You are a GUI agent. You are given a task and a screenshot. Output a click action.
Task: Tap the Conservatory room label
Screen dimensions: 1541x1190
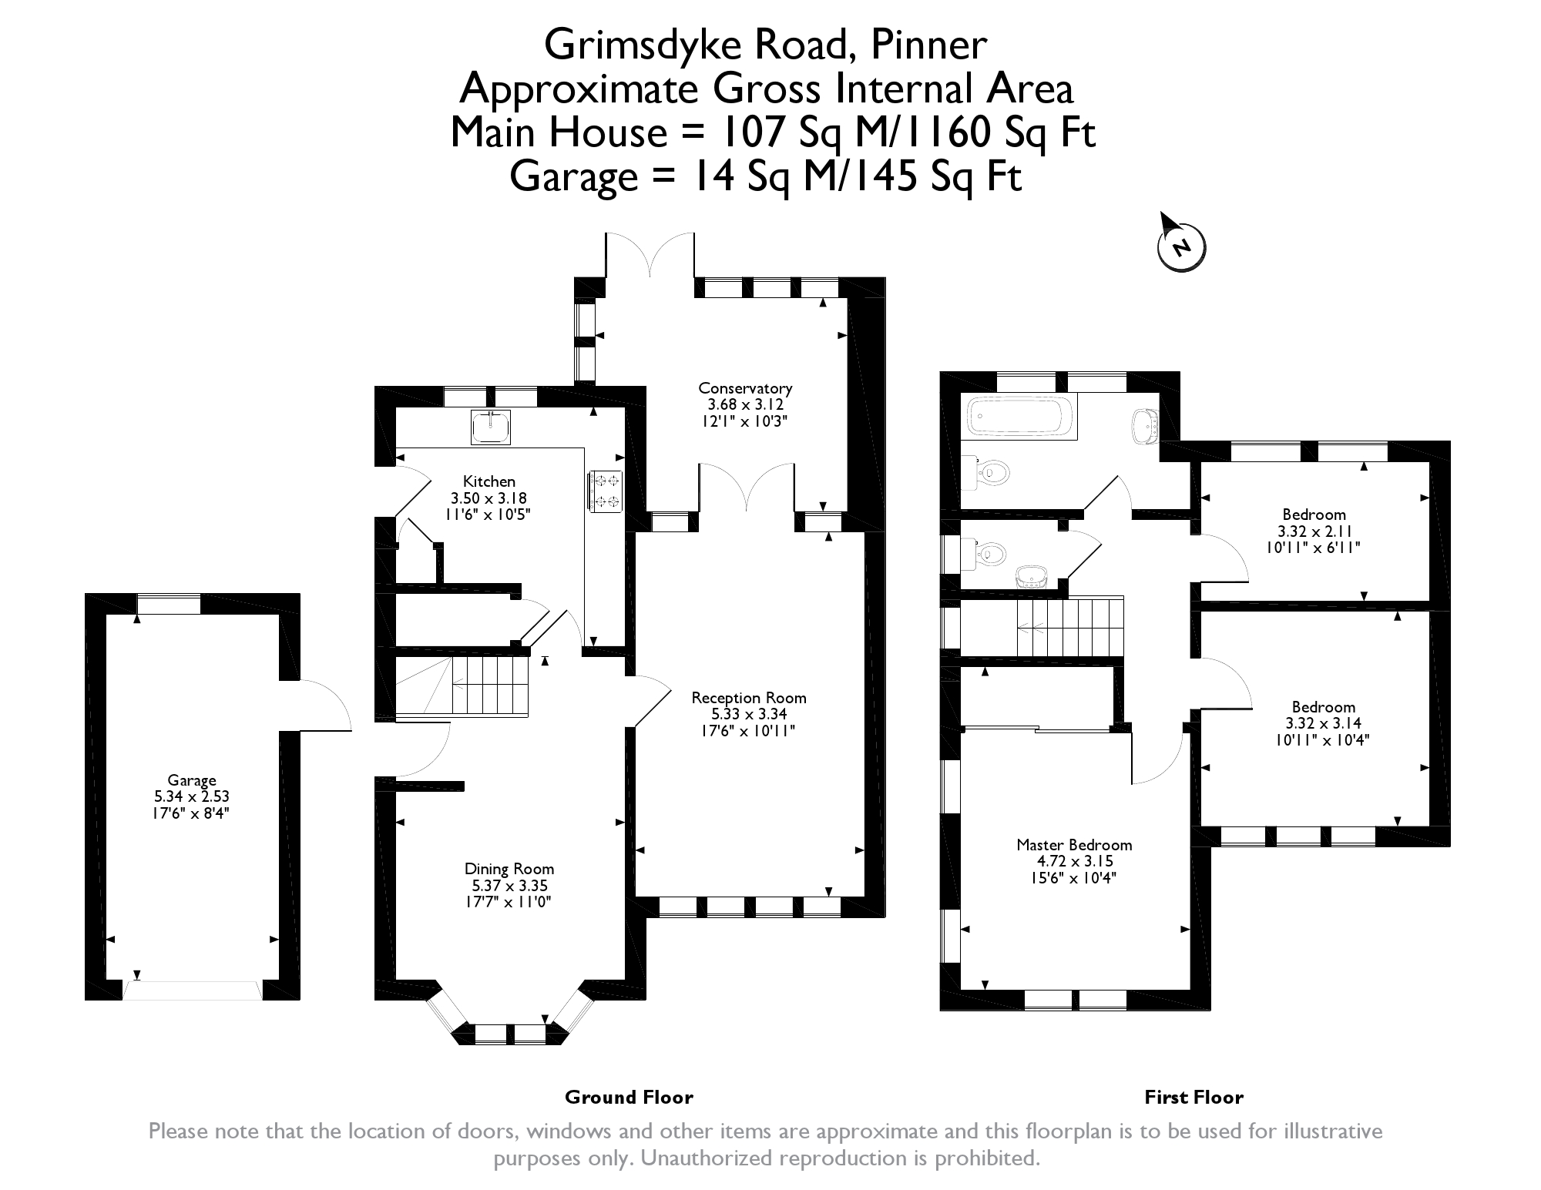pos(745,388)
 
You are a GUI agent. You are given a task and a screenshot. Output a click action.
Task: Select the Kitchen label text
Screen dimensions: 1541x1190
pos(489,482)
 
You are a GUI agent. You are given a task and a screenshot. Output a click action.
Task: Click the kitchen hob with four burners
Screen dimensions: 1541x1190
pos(605,491)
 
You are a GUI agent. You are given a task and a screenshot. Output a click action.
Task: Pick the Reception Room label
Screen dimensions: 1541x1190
pos(749,698)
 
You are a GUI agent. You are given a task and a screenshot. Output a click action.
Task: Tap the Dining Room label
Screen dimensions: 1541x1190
pos(509,870)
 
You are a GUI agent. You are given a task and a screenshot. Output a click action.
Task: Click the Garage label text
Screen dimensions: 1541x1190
pos(192,781)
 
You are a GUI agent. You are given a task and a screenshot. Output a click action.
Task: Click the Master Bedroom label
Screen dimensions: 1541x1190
pos(1074,845)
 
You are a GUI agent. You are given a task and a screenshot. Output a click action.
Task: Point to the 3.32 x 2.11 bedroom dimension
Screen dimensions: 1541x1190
pos(1314,531)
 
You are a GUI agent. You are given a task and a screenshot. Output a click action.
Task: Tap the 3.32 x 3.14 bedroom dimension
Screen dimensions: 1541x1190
pos(1323,723)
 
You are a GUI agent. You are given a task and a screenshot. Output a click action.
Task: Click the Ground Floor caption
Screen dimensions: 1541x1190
pos(629,1098)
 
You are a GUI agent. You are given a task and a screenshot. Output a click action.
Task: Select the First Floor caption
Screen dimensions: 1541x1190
pos(1194,1098)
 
